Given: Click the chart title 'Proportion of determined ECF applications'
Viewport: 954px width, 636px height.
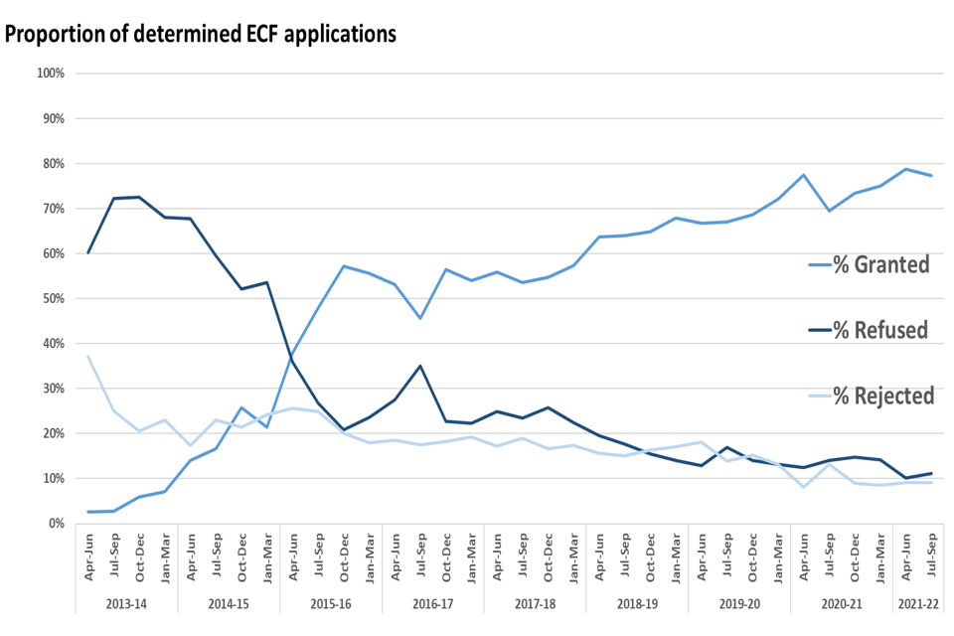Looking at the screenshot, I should tap(201, 33).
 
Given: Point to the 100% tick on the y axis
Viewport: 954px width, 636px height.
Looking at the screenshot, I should tap(50, 74).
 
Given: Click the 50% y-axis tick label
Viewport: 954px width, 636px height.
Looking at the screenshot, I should tap(52, 298).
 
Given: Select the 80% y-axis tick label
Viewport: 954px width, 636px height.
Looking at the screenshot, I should tap(52, 163).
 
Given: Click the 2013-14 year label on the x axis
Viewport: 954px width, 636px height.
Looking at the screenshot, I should tap(126, 603).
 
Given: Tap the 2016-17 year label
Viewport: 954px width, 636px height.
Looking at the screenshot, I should tap(433, 603).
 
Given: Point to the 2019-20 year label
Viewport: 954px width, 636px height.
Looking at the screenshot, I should tap(739, 603).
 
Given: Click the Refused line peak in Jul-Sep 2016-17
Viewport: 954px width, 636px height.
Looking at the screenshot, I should tap(420, 366).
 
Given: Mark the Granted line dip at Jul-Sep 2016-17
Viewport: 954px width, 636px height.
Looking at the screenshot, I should tap(420, 318).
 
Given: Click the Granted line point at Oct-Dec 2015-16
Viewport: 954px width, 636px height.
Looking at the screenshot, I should tap(343, 266).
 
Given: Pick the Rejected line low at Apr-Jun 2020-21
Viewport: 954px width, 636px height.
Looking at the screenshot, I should tap(804, 487).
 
